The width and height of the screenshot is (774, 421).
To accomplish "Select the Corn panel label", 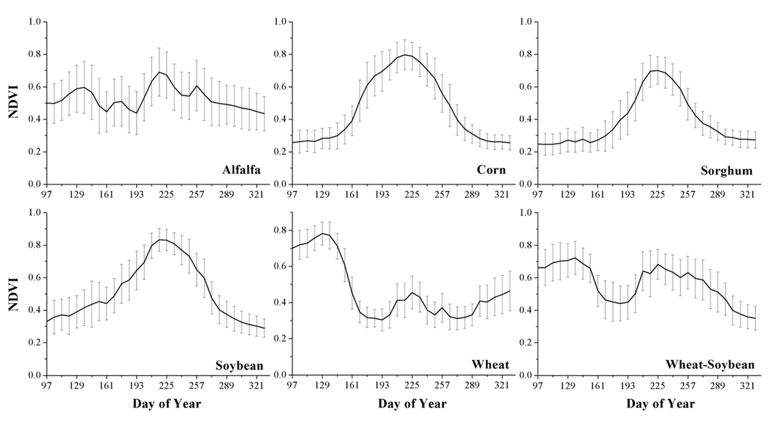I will (491, 171).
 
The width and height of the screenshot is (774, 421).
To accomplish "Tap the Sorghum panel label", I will (727, 171).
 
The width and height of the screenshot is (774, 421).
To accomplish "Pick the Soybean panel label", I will (238, 366).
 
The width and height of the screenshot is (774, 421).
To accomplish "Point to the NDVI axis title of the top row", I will (12, 103).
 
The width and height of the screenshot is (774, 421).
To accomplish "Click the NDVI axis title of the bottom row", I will (12, 294).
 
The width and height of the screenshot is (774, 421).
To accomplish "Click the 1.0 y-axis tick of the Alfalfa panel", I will (33, 22).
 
